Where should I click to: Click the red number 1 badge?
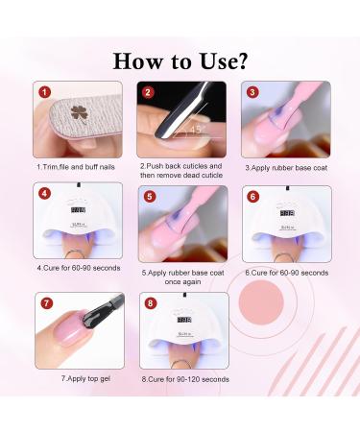[44, 92]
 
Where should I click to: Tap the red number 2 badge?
[148, 92]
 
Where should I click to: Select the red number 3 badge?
[252, 92]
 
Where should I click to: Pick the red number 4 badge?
[44, 193]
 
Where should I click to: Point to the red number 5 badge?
[150, 196]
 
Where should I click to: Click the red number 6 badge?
[252, 196]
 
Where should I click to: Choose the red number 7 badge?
[47, 302]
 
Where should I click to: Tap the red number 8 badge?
[151, 302]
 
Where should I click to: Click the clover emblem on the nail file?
[79, 114]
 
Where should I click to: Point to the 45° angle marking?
[196, 129]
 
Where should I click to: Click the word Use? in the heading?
[224, 60]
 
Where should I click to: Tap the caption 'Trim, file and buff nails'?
[76, 167]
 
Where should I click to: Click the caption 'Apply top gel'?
[85, 379]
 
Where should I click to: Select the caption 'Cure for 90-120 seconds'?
[185, 379]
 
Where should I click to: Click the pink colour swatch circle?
[261, 302]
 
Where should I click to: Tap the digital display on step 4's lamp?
[79, 210]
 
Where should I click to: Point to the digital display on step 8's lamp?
[184, 320]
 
